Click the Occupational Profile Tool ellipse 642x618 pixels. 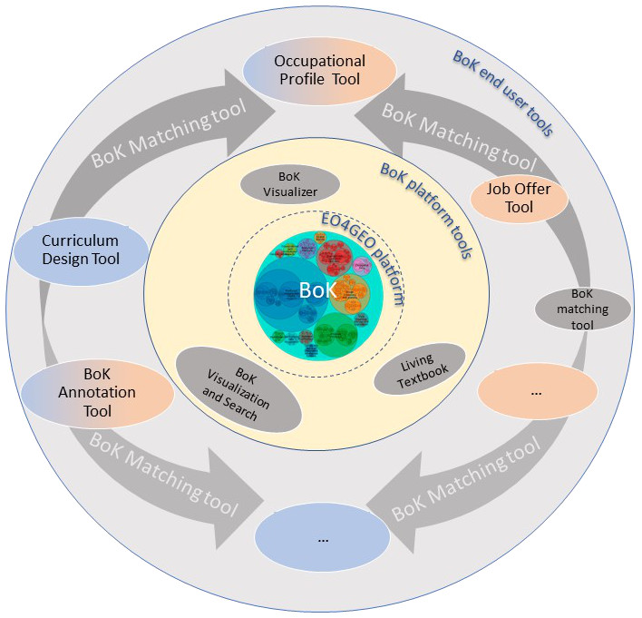click(x=321, y=71)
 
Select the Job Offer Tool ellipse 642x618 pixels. click(x=520, y=197)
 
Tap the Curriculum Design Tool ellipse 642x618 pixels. click(x=81, y=250)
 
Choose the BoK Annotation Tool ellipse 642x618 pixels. click(x=97, y=392)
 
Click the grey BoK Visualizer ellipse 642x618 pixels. click(x=289, y=184)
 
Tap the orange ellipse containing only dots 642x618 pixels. click(x=536, y=392)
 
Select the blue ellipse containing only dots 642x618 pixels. click(x=322, y=538)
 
